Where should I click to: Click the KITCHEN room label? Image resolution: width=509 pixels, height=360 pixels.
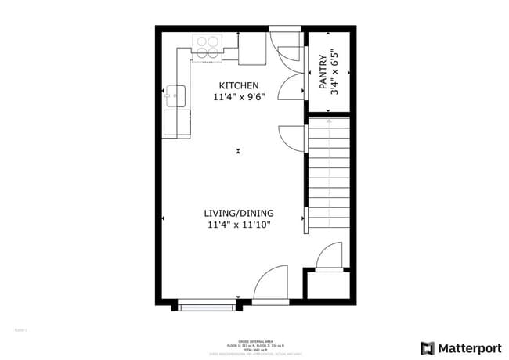(239, 85)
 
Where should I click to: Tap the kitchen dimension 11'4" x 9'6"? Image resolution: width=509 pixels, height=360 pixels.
(239, 98)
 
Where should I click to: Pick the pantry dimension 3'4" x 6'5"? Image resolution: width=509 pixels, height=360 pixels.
(335, 73)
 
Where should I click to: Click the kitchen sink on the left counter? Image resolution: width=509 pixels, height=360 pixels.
(175, 96)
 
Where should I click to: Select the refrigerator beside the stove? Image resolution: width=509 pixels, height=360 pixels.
(252, 49)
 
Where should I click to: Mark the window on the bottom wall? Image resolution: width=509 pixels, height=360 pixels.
(208, 306)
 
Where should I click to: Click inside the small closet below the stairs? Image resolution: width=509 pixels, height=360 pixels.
(327, 285)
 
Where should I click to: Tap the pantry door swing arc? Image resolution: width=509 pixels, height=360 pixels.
(291, 86)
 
